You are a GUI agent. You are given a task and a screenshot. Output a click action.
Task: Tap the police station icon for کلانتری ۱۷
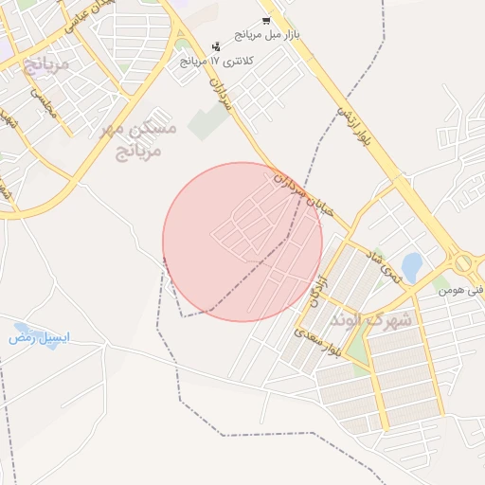tap(217, 45)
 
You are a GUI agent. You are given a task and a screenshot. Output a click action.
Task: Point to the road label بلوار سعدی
tap(314, 346)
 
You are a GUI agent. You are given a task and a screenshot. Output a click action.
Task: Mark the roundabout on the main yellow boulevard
tap(461, 262)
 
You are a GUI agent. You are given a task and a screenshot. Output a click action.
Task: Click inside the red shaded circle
tap(242, 242)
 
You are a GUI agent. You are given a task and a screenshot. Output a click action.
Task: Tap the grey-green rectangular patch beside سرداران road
tap(208, 122)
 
